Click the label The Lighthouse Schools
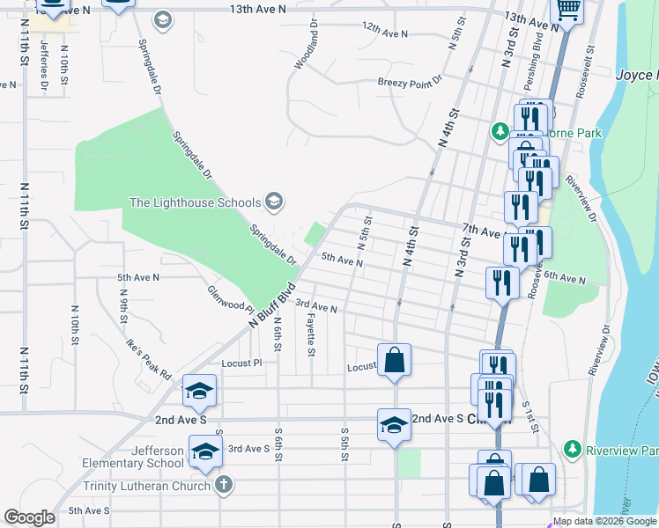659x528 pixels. coord(195,202)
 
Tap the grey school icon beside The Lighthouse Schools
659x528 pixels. coord(273,202)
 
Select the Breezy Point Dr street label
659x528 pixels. coord(410,84)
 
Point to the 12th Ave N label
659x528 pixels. coord(385,33)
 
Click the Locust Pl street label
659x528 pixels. coord(242,363)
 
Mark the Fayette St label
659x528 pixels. coord(311,337)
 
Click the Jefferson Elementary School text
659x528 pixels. coord(133,457)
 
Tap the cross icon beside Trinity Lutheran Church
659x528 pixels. coord(224,485)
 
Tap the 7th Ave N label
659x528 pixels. coord(482,230)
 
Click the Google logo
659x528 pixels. coord(29,517)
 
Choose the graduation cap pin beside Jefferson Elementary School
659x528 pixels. coord(206,451)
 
